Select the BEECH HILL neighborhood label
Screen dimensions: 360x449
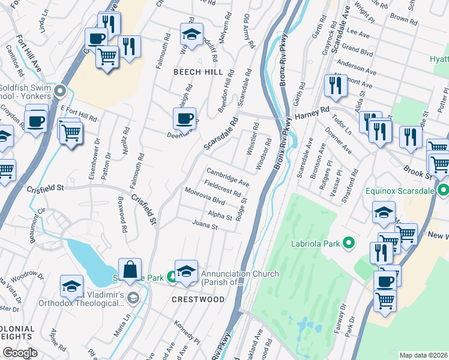pos(198,72)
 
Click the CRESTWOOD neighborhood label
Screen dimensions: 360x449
pos(199,299)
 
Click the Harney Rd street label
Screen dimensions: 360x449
pos(316,112)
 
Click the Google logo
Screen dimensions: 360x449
pos(19,353)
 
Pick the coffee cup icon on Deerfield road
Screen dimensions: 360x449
pos(184,118)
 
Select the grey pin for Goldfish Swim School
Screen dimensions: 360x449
pos(59,91)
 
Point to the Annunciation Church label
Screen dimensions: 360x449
pos(240,278)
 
